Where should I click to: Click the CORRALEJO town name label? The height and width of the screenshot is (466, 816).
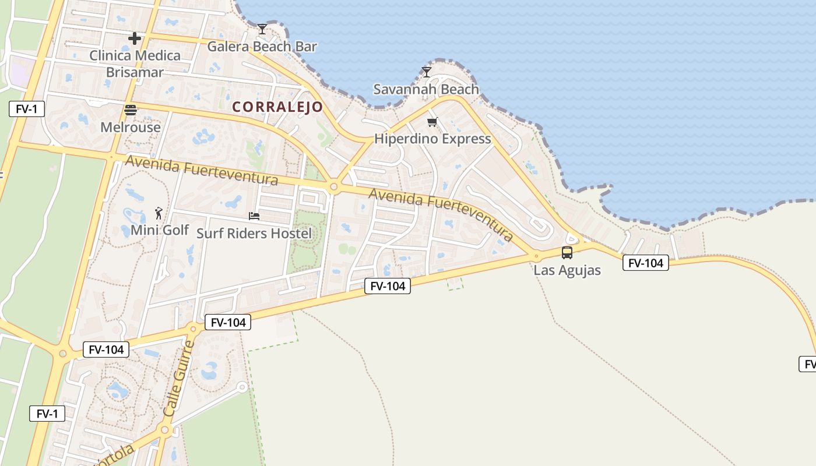277,107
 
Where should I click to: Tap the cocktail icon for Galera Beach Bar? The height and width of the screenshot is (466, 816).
262,29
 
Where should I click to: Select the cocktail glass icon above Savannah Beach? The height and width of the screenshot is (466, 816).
427,72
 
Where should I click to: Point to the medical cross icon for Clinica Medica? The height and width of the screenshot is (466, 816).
135,38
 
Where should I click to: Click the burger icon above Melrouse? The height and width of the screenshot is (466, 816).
131,110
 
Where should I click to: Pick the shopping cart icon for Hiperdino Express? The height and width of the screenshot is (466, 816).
432,122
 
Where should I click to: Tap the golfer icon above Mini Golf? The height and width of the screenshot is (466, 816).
159,213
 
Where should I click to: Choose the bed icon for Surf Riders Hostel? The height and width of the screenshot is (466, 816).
254,216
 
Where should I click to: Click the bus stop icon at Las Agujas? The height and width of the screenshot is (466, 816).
567,253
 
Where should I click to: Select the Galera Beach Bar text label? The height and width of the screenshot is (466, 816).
262,47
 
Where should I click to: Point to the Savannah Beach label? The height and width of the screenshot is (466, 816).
426,90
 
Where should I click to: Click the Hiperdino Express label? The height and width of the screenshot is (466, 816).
432,139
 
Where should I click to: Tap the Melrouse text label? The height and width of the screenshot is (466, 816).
131,127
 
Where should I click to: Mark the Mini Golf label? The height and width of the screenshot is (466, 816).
160,230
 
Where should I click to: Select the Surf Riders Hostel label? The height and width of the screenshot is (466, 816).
254,234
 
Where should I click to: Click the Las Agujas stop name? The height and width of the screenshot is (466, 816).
567,270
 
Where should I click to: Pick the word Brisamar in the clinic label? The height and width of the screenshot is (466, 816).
135,73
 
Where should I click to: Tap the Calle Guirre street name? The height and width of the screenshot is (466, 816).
178,378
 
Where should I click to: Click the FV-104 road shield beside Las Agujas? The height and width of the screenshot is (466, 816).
646,263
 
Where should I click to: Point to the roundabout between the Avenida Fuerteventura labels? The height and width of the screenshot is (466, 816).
333,187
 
